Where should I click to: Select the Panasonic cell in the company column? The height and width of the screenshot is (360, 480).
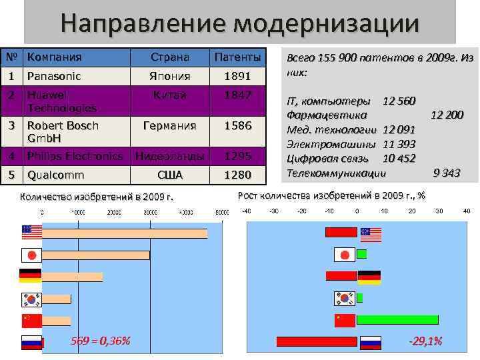click(54, 76)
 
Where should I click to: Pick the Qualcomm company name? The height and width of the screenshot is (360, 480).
click(55, 175)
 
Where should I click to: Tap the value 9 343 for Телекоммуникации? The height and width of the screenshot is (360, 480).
click(447, 173)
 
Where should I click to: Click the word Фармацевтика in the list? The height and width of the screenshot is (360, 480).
click(323, 115)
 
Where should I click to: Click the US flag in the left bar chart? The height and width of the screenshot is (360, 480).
click(31, 232)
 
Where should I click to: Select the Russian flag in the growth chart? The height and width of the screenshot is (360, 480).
click(370, 343)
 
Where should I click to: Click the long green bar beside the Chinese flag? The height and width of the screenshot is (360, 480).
click(397, 319)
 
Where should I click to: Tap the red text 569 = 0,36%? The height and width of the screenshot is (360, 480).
click(100, 341)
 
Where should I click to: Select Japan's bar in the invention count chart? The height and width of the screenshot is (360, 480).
click(96, 255)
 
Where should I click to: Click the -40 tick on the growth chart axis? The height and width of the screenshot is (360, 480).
click(247, 211)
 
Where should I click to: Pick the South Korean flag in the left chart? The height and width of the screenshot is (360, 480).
click(31, 299)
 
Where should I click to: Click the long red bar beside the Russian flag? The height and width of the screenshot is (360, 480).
click(317, 342)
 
